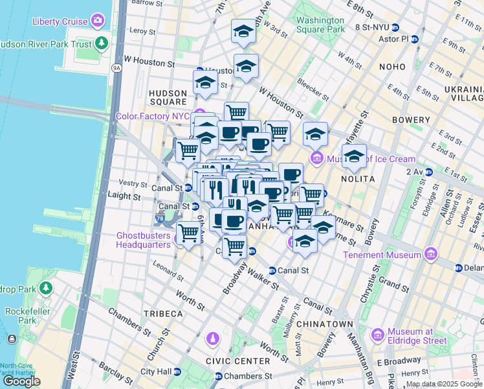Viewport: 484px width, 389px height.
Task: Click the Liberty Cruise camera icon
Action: (98, 21)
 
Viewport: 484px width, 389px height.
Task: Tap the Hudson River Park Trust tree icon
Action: (101, 43)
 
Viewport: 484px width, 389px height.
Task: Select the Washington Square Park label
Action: (320, 25)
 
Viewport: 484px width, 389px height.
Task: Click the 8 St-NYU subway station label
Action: (371, 27)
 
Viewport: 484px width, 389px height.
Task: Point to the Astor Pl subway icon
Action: (415, 39)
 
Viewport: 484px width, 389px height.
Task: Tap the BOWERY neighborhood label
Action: (411, 120)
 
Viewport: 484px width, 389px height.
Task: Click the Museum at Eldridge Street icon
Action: (378, 335)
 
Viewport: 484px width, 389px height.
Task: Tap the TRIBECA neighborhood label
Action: (162, 314)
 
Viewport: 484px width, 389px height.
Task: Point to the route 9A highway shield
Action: (116, 67)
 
